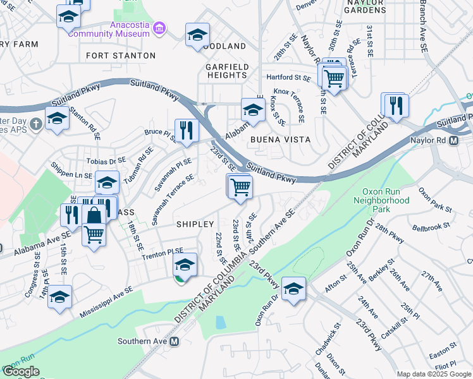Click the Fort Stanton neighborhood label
(120, 56)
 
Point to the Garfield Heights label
(226, 70)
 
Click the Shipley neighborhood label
(195, 224)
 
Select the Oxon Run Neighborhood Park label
(386, 200)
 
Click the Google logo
(21, 371)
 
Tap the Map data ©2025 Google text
(434, 374)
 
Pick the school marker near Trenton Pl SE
(185, 264)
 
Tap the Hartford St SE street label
(288, 78)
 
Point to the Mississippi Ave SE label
(106, 301)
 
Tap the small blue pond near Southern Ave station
(220, 322)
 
